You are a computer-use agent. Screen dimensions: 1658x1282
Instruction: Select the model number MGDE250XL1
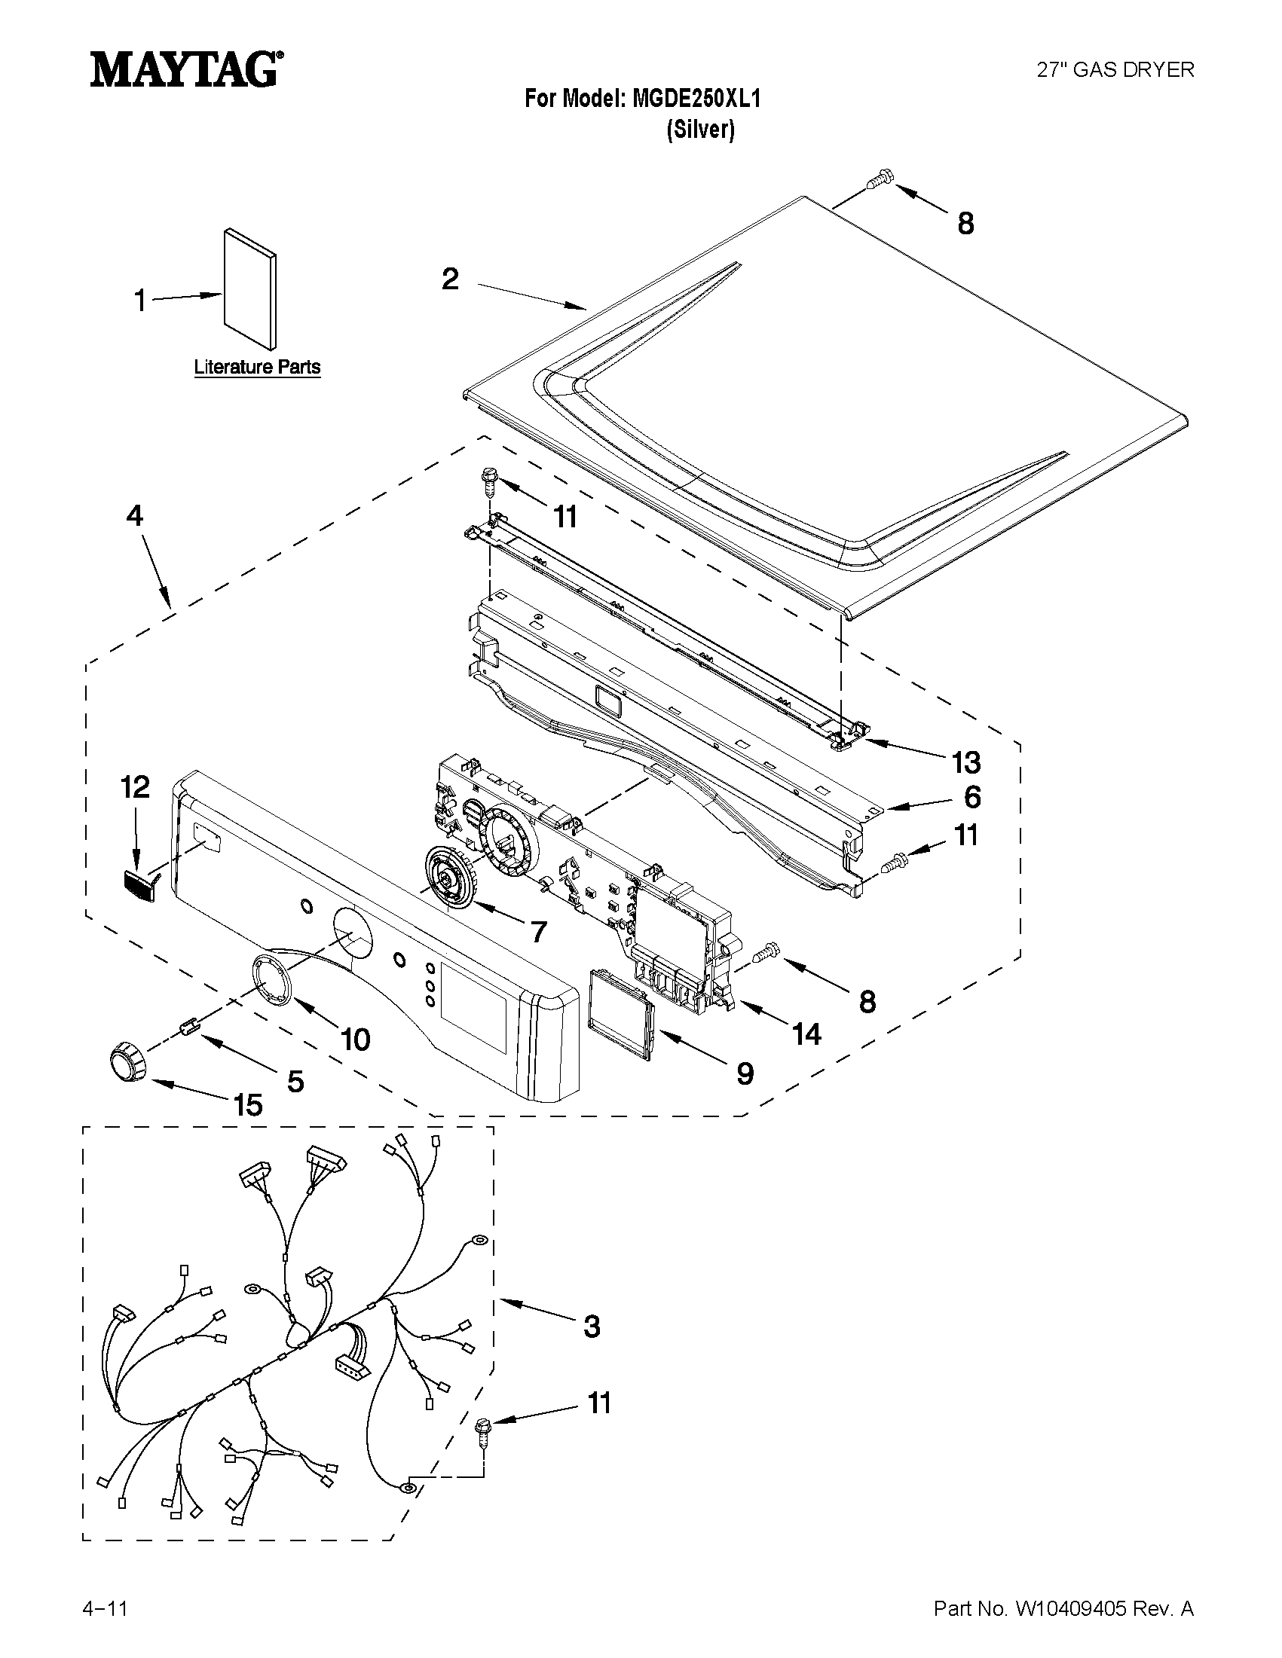(x=696, y=99)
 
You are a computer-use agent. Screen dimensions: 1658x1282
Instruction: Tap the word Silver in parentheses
(x=700, y=130)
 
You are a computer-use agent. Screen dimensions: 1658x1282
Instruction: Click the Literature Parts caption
(x=257, y=368)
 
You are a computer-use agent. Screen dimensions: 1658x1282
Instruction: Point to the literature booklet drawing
(x=249, y=288)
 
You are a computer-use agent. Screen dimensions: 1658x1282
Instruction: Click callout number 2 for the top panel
(x=451, y=279)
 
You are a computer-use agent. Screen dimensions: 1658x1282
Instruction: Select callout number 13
(x=965, y=762)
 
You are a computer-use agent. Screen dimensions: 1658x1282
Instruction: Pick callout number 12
(x=134, y=788)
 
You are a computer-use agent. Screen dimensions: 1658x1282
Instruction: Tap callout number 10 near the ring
(x=354, y=1040)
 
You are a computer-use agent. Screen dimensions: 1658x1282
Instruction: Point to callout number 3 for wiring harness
(x=592, y=1327)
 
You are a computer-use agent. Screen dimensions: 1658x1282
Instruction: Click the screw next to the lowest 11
(x=482, y=1432)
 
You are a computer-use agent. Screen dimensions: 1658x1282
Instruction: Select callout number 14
(x=806, y=1034)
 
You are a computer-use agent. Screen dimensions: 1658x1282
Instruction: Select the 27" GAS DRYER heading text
(x=1115, y=70)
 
